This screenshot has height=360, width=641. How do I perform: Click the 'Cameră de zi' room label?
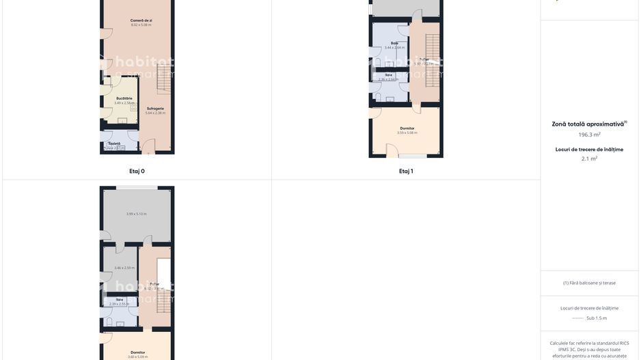pos(141,20)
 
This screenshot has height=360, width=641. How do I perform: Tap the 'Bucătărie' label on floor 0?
pos(124,98)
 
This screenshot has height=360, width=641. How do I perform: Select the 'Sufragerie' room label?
pos(155,109)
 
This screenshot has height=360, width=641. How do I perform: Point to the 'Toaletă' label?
pos(114,143)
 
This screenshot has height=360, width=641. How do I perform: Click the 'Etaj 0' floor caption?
pos(137,171)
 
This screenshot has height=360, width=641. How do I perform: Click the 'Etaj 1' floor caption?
pos(406,171)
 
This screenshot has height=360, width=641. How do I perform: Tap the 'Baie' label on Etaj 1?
pos(394,43)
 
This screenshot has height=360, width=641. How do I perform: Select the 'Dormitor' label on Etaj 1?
pos(407,128)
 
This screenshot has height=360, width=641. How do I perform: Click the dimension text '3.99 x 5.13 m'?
pos(136,214)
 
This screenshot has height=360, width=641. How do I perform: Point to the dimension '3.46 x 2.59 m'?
pos(124,268)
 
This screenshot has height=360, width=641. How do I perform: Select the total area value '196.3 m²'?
pos(589,135)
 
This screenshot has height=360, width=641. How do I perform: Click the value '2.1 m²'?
pos(589,158)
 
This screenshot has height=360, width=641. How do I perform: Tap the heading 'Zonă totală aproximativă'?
pos(588,124)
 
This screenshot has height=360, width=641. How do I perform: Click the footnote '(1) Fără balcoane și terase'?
pos(589,283)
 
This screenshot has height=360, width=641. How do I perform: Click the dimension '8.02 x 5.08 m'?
pos(141,25)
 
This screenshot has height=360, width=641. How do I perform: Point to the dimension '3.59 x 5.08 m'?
pos(407,133)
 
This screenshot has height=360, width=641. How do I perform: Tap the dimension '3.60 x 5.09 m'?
pos(137,357)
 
